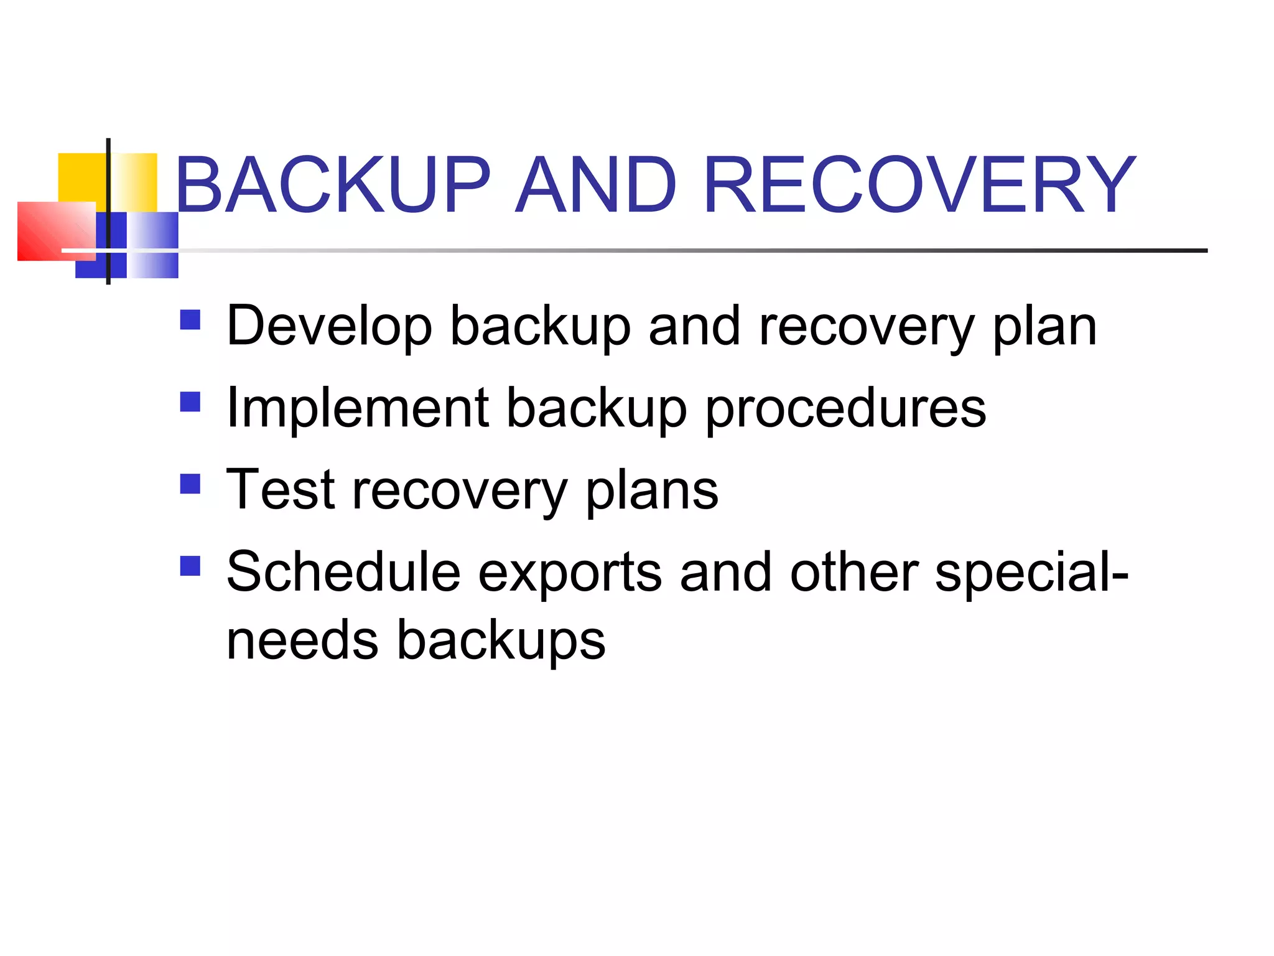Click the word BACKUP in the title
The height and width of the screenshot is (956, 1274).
[x=333, y=185]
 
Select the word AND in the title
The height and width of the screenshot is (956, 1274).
[x=597, y=185]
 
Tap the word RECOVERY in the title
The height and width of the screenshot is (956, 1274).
[x=919, y=185]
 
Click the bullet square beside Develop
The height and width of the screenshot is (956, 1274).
[x=190, y=320]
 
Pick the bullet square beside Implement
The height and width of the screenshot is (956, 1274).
[x=190, y=402]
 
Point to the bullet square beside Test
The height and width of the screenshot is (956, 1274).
[x=190, y=484]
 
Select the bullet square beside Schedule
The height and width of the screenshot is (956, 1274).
[x=190, y=566]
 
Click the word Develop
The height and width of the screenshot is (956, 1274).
[x=329, y=326]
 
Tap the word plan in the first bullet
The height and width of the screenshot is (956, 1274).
[x=1044, y=327]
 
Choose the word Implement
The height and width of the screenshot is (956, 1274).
[x=358, y=408]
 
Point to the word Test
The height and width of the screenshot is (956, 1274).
[x=281, y=490]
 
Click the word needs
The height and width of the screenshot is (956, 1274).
[x=302, y=640]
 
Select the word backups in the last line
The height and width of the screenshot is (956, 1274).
[x=501, y=641]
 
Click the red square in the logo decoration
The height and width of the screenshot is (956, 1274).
[x=56, y=231]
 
